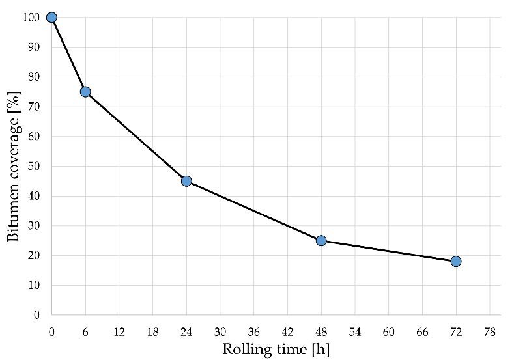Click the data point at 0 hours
[51, 18]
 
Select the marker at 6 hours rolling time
[85, 92]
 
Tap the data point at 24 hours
[186, 181]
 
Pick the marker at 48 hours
[321, 240]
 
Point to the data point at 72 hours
[456, 261]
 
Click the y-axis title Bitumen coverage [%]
[14, 167]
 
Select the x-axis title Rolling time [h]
[276, 349]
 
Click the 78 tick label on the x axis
[489, 331]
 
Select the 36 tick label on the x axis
[253, 331]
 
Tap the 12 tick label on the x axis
[119, 331]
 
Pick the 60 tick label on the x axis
[388, 331]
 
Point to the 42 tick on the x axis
[287, 331]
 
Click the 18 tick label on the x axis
[152, 331]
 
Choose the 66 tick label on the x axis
[422, 331]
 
